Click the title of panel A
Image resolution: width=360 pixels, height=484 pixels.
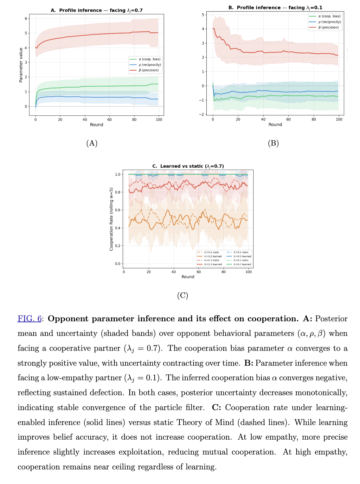pos(97,10)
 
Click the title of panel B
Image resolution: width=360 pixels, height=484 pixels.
pos(275,7)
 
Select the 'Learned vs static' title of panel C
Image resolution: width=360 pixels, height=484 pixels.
pos(188,166)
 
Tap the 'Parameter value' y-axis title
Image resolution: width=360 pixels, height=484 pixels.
pos(21,65)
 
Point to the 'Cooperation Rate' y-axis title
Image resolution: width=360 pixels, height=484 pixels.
pos(111,219)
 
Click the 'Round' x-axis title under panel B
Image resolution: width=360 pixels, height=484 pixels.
pos(275,124)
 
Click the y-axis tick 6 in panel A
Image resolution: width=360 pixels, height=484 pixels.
pos(26,18)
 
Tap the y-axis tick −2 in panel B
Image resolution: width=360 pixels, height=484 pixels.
pos(201,114)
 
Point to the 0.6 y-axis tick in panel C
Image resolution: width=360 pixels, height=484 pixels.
pos(118,210)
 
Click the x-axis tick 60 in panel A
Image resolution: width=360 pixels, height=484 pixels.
pos(110,119)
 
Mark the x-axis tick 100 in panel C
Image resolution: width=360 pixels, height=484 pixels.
pos(248,272)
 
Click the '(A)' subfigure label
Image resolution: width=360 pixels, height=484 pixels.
pos(92,143)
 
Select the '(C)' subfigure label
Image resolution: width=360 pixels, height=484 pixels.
pos(183,295)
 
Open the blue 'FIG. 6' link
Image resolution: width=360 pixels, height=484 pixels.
pos(30,319)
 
